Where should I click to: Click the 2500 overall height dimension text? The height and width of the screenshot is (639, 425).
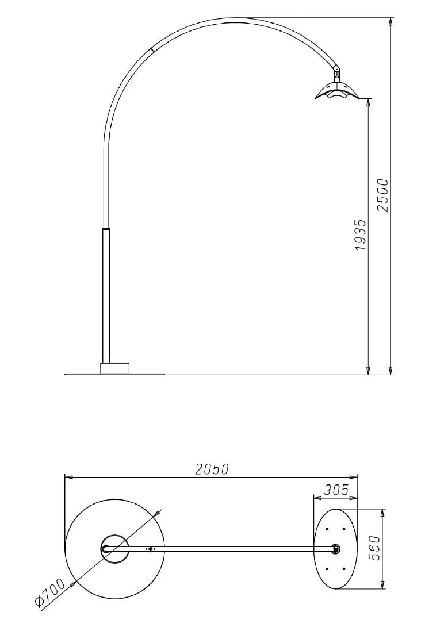[383, 195]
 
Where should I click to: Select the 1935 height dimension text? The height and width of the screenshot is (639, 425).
[360, 234]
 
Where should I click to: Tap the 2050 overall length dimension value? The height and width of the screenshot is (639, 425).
[212, 469]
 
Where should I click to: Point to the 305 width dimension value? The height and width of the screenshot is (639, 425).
[335, 490]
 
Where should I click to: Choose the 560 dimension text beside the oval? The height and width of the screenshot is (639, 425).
[374, 549]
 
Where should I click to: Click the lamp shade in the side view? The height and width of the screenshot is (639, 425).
[336, 92]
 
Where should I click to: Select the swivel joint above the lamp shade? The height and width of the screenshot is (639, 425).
[336, 73]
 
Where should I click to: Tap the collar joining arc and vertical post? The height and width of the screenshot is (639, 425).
[106, 228]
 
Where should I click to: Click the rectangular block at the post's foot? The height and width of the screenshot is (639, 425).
[115, 368]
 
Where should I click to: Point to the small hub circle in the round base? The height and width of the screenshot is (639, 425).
[115, 549]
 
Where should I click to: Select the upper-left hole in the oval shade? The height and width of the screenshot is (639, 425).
[327, 529]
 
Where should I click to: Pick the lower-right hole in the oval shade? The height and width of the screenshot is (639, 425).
[344, 569]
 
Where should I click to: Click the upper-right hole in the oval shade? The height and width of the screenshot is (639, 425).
[344, 529]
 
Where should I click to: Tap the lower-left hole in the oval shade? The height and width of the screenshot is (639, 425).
[327, 569]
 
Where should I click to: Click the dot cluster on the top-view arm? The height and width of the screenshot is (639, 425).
[151, 549]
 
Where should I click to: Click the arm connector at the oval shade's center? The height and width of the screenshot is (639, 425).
[335, 549]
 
